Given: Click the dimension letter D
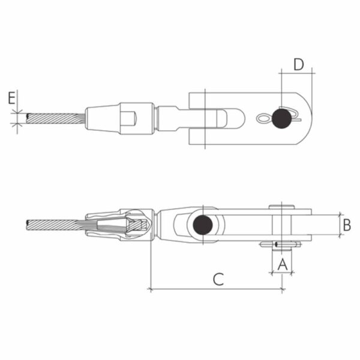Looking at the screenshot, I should (x=299, y=64).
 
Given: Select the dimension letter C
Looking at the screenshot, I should (x=218, y=278).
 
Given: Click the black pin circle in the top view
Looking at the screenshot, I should (x=281, y=118).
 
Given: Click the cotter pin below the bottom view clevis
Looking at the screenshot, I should (x=281, y=244).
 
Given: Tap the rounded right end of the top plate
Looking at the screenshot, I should (x=308, y=118).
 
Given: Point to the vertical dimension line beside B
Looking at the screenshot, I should (x=339, y=225).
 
